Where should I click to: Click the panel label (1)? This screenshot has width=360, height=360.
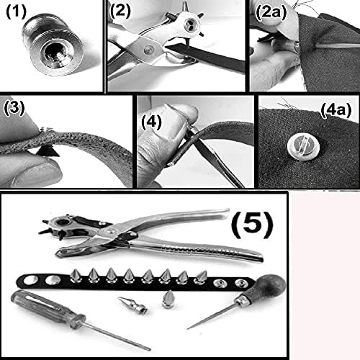click(16, 12)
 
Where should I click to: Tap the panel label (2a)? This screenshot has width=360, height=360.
click(271, 12)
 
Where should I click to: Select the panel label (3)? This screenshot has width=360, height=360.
click(14, 108)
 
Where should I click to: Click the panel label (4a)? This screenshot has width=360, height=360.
click(336, 110)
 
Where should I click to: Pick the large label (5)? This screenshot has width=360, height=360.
click(252, 225)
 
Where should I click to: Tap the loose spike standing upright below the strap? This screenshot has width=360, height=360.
click(168, 300)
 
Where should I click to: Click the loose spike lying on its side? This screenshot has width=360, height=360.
click(132, 305)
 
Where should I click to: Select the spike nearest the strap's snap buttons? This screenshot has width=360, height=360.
click(201, 277)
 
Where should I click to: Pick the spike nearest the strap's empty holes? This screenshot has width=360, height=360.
click(76, 276)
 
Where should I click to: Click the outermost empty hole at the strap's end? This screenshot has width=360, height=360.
click(31, 280)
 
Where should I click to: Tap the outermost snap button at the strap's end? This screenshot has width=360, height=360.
click(241, 283)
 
